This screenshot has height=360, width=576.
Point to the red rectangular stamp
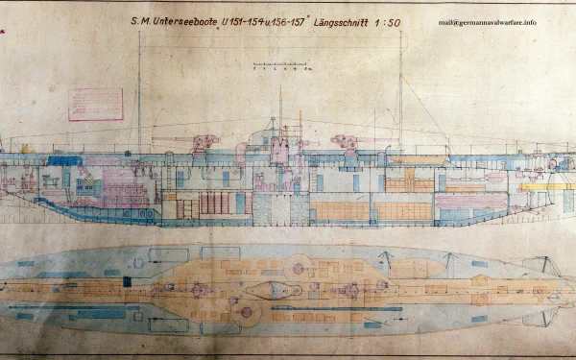point(96,103)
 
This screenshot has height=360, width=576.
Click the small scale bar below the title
point(277,66)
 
